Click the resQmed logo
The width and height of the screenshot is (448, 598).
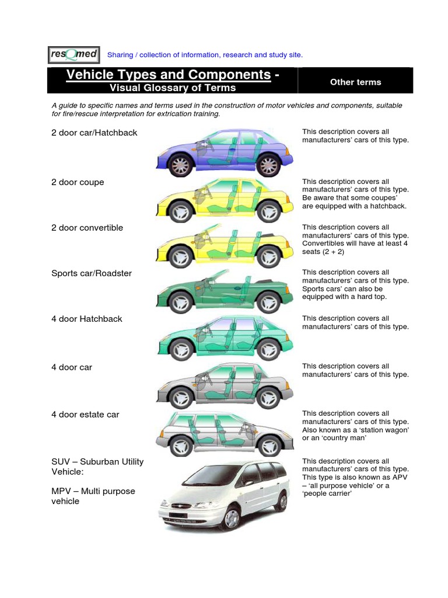click(x=73, y=54)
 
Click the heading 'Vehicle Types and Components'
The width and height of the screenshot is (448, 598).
click(x=169, y=75)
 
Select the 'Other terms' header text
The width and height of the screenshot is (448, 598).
click(x=355, y=82)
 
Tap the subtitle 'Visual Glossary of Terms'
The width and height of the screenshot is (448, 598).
click(x=173, y=88)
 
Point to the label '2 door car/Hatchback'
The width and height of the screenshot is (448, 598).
click(x=94, y=133)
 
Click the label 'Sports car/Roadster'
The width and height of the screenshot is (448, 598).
click(x=91, y=273)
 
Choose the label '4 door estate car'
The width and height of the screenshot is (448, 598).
click(x=85, y=415)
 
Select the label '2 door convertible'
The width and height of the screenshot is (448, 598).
click(x=87, y=228)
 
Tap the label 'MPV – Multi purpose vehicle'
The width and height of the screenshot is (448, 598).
click(x=93, y=496)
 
